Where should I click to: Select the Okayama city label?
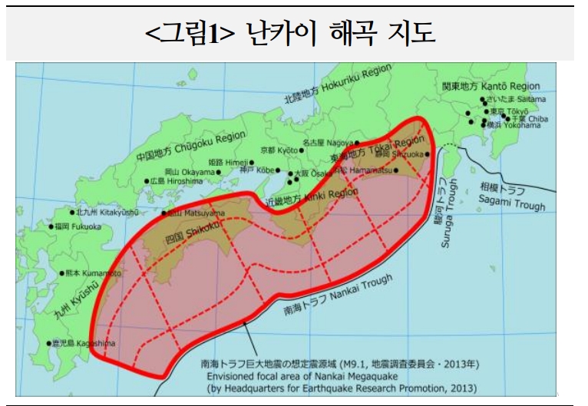pos(189,172)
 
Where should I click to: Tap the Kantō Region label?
pos(491,86)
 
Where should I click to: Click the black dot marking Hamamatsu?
pos(396,170)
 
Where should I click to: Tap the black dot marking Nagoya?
pos(358,143)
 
